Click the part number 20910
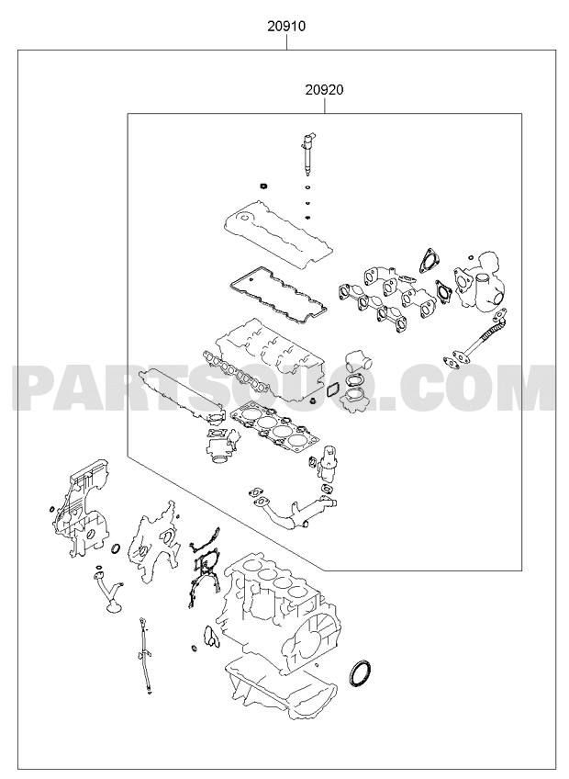click(286, 26)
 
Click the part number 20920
click(324, 90)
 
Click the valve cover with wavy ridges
click(278, 235)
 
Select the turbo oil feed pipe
click(474, 342)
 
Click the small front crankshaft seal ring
click(116, 548)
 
